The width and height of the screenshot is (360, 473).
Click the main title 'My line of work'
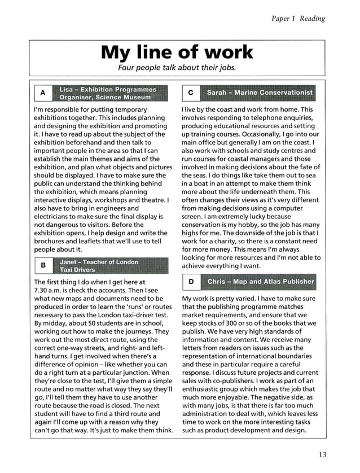coord(177,52)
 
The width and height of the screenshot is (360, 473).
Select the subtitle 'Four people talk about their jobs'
coord(177,68)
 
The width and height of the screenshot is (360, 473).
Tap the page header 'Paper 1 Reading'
coord(298,19)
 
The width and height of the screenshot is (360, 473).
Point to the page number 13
coord(322,455)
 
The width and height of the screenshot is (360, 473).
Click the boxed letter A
coord(42,93)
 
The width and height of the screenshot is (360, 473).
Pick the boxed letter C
coord(191,93)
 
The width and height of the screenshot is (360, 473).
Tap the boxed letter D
coord(191,281)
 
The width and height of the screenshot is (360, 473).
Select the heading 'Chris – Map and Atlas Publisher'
coord(261,281)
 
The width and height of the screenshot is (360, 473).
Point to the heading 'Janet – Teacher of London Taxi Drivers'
coord(99,265)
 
